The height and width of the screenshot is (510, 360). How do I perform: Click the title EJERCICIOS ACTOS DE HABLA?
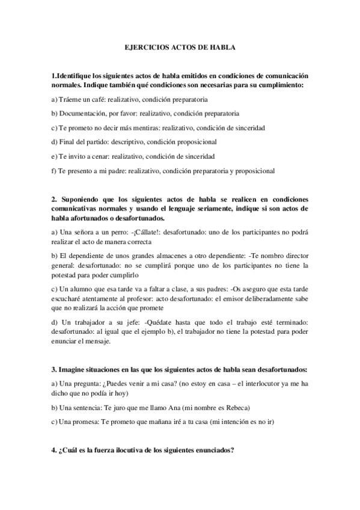point(180,46)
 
